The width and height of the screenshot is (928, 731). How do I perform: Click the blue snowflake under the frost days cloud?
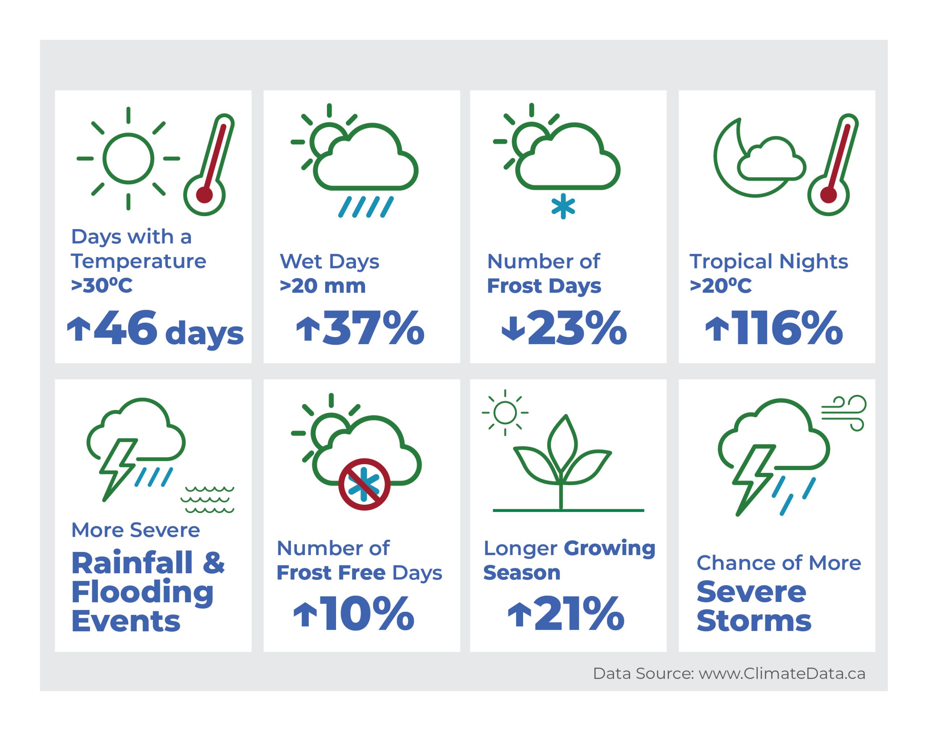563,206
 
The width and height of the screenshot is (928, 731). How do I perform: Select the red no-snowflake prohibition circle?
364,484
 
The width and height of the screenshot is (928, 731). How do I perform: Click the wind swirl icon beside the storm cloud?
843,413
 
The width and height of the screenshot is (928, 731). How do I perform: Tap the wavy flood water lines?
207,499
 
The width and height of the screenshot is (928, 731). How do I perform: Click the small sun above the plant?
505,413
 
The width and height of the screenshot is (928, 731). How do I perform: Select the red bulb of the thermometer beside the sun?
204,195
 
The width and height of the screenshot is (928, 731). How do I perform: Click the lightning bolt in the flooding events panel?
119,470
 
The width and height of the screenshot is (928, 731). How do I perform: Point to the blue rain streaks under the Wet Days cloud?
366,207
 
